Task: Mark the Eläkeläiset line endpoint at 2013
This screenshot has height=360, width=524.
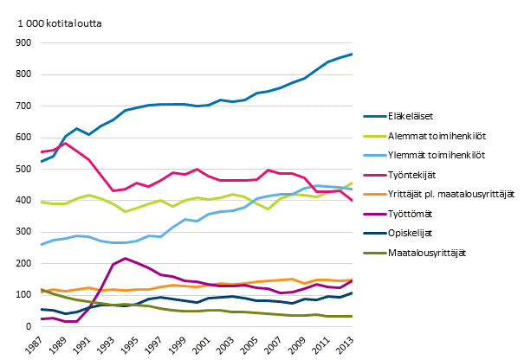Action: pyautogui.click(x=351, y=55)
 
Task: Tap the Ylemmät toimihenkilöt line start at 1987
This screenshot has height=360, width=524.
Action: pyautogui.click(x=42, y=244)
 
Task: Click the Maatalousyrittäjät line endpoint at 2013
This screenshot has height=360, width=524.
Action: pyautogui.click(x=351, y=316)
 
